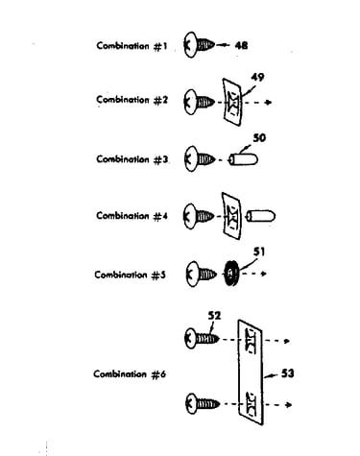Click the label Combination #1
pyautogui.click(x=132, y=46)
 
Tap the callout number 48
pyautogui.click(x=241, y=45)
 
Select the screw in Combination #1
pyautogui.click(x=199, y=45)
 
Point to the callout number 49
pyautogui.click(x=257, y=77)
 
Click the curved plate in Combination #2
pyautogui.click(x=232, y=102)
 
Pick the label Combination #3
pyautogui.click(x=132, y=159)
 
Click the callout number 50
pyautogui.click(x=259, y=138)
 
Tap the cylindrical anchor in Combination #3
pyautogui.click(x=243, y=159)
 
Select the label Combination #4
pyautogui.click(x=132, y=216)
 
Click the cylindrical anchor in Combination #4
pyautogui.click(x=261, y=216)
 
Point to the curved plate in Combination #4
pyautogui.click(x=231, y=216)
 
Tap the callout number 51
pyautogui.click(x=259, y=252)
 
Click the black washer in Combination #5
pyautogui.click(x=231, y=274)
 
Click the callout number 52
pyautogui.click(x=214, y=316)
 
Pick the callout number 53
pyautogui.click(x=287, y=373)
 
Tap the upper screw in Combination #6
pyautogui.click(x=203, y=339)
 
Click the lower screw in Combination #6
pyautogui.click(x=203, y=403)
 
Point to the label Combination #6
pyautogui.click(x=130, y=374)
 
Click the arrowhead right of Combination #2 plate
pyautogui.click(x=270, y=103)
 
